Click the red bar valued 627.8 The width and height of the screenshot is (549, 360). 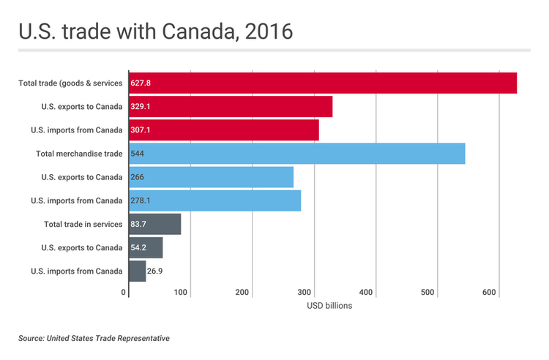point(323,83)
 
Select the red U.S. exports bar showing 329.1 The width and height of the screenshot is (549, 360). point(231,107)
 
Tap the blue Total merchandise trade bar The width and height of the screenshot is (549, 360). point(296,154)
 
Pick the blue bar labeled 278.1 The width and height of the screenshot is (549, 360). point(214,200)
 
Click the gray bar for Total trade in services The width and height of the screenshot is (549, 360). point(154,224)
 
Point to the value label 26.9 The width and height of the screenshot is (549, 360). point(156,271)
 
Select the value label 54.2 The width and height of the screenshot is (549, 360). point(140,248)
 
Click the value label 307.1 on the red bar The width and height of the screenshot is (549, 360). point(141,130)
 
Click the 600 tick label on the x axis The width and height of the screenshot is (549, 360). point(489,293)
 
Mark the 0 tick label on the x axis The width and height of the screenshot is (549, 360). point(124,293)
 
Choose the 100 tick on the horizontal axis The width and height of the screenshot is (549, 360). point(182,293)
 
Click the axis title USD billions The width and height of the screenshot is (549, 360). point(329,306)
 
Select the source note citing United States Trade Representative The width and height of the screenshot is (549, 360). point(94,339)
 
